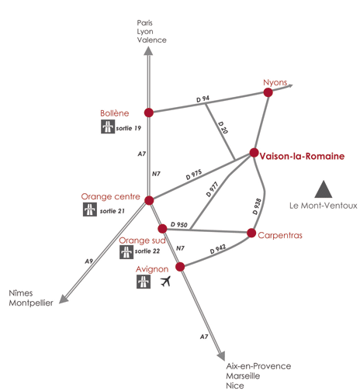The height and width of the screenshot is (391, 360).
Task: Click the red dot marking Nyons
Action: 268,92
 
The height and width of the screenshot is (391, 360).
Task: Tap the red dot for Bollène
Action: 149,112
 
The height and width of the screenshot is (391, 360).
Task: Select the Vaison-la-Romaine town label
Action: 302,156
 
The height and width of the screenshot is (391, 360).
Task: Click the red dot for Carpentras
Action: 251,233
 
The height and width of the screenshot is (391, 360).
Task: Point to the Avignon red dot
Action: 180,267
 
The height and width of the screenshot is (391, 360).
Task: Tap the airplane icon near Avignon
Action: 165,281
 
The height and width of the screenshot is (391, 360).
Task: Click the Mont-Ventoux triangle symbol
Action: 324,189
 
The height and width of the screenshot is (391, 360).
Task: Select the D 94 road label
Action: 202,99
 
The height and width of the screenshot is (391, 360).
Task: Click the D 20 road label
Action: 223,127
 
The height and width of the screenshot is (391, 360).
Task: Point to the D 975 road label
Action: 194,175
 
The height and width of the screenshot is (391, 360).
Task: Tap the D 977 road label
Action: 213,189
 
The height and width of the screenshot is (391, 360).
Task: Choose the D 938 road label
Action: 257,206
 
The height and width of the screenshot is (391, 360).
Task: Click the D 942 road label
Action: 218,249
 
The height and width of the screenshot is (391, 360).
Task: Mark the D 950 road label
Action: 179,224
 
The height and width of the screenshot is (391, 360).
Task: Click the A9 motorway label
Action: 88,261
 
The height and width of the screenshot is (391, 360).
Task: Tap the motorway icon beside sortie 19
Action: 108,126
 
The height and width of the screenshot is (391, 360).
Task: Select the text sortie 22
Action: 147,251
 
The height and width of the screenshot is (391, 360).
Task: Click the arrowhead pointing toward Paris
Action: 148,50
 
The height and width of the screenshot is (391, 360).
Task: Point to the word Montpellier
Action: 31,303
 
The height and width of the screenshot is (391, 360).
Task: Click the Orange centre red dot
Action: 149,200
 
